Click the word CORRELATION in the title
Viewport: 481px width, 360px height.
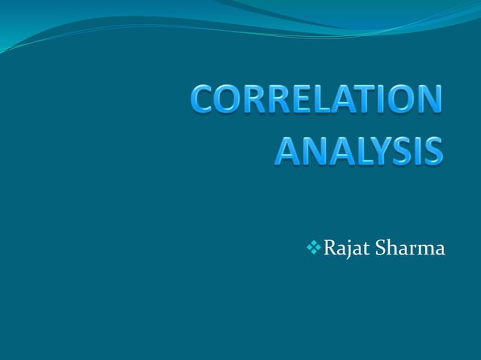click(x=317, y=101)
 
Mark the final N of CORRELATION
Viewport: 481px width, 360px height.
click(x=427, y=101)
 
